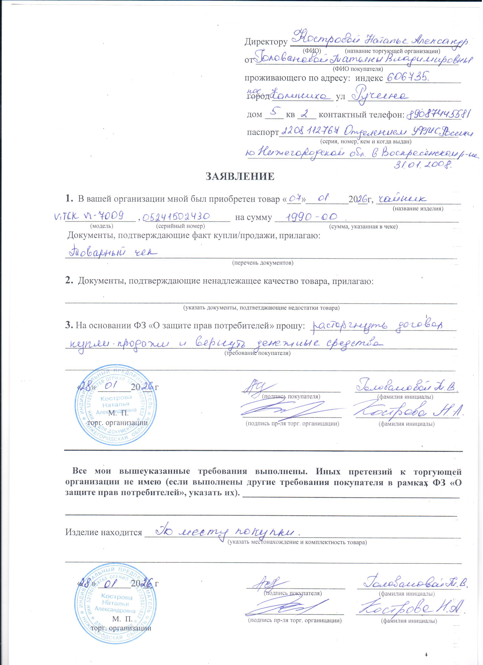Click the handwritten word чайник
[401, 199]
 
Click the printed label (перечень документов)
[263, 263]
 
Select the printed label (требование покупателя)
[257, 353]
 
